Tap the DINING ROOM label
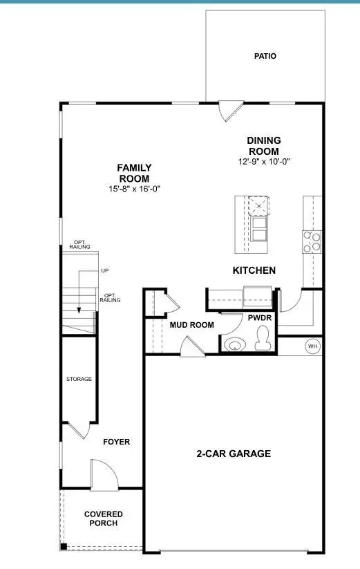pos(264,146)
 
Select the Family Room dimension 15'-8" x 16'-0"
pos(134,189)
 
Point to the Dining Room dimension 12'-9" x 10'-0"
pos(264,162)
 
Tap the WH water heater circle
pos(312,346)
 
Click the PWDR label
pos(260,317)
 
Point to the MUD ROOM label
pos(191,325)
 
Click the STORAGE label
pos(79,379)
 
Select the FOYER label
pos(116,442)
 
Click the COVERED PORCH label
pos(104,519)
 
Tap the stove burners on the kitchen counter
pos(312,241)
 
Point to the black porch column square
pos(63,548)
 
